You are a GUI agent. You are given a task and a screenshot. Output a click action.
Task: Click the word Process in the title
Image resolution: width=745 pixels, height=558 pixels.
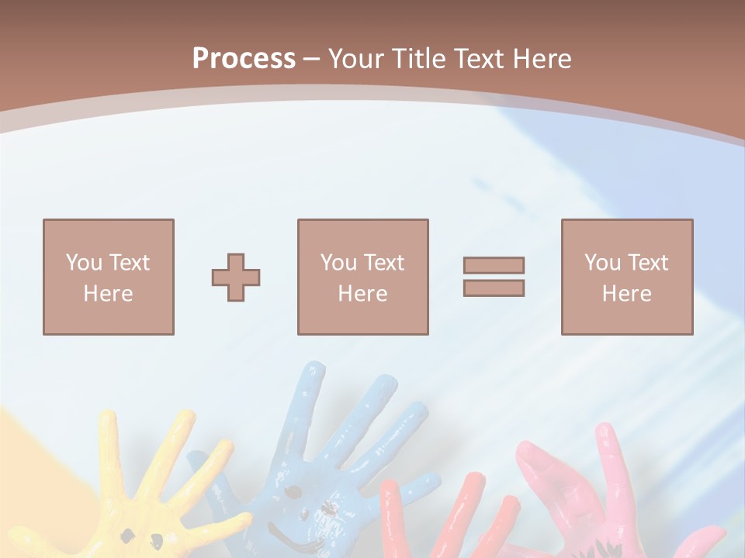244,59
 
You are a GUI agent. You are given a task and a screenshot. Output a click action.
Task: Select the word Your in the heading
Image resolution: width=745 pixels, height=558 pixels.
358,59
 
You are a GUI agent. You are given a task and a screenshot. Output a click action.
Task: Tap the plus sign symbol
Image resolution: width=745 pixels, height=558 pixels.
236,277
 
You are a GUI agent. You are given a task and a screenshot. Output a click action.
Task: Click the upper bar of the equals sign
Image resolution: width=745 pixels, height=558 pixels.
494,265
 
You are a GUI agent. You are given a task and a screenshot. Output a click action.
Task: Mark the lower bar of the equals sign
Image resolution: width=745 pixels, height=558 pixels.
494,288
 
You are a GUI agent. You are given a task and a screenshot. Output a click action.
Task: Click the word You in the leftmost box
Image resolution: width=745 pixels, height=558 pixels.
84,263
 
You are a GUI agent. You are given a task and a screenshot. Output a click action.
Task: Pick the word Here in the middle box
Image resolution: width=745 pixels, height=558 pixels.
362,294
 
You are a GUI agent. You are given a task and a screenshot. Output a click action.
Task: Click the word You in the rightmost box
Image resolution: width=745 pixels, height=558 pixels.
602,263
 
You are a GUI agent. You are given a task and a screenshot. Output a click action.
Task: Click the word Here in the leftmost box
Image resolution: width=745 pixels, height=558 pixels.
108,294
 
